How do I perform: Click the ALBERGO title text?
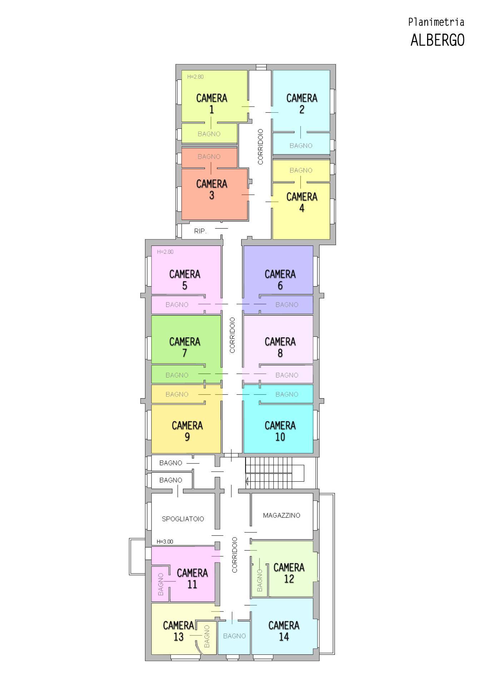coord(437,40)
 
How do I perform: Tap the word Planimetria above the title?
coord(436,22)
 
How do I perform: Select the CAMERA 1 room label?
coord(212,103)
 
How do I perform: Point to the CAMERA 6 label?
coord(280,280)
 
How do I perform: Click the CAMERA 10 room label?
coord(280,431)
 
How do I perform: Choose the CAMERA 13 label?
coord(178,631)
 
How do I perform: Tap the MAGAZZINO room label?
coord(282,515)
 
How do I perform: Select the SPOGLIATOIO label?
coord(183,519)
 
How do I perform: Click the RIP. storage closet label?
coord(200,231)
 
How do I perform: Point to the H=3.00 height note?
coord(165,542)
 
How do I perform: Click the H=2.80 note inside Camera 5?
coord(165,252)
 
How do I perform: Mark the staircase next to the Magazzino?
coord(274,472)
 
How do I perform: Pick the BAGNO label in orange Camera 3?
coord(209,157)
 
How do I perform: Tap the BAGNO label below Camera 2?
coord(301,146)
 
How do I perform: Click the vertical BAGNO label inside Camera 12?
coord(259,580)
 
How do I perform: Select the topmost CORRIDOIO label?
coord(260,147)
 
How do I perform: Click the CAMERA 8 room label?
coord(280,347)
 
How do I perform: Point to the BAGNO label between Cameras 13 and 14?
coord(234,636)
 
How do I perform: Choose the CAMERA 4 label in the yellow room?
coord(302,202)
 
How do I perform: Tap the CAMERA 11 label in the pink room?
coord(192,579)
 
